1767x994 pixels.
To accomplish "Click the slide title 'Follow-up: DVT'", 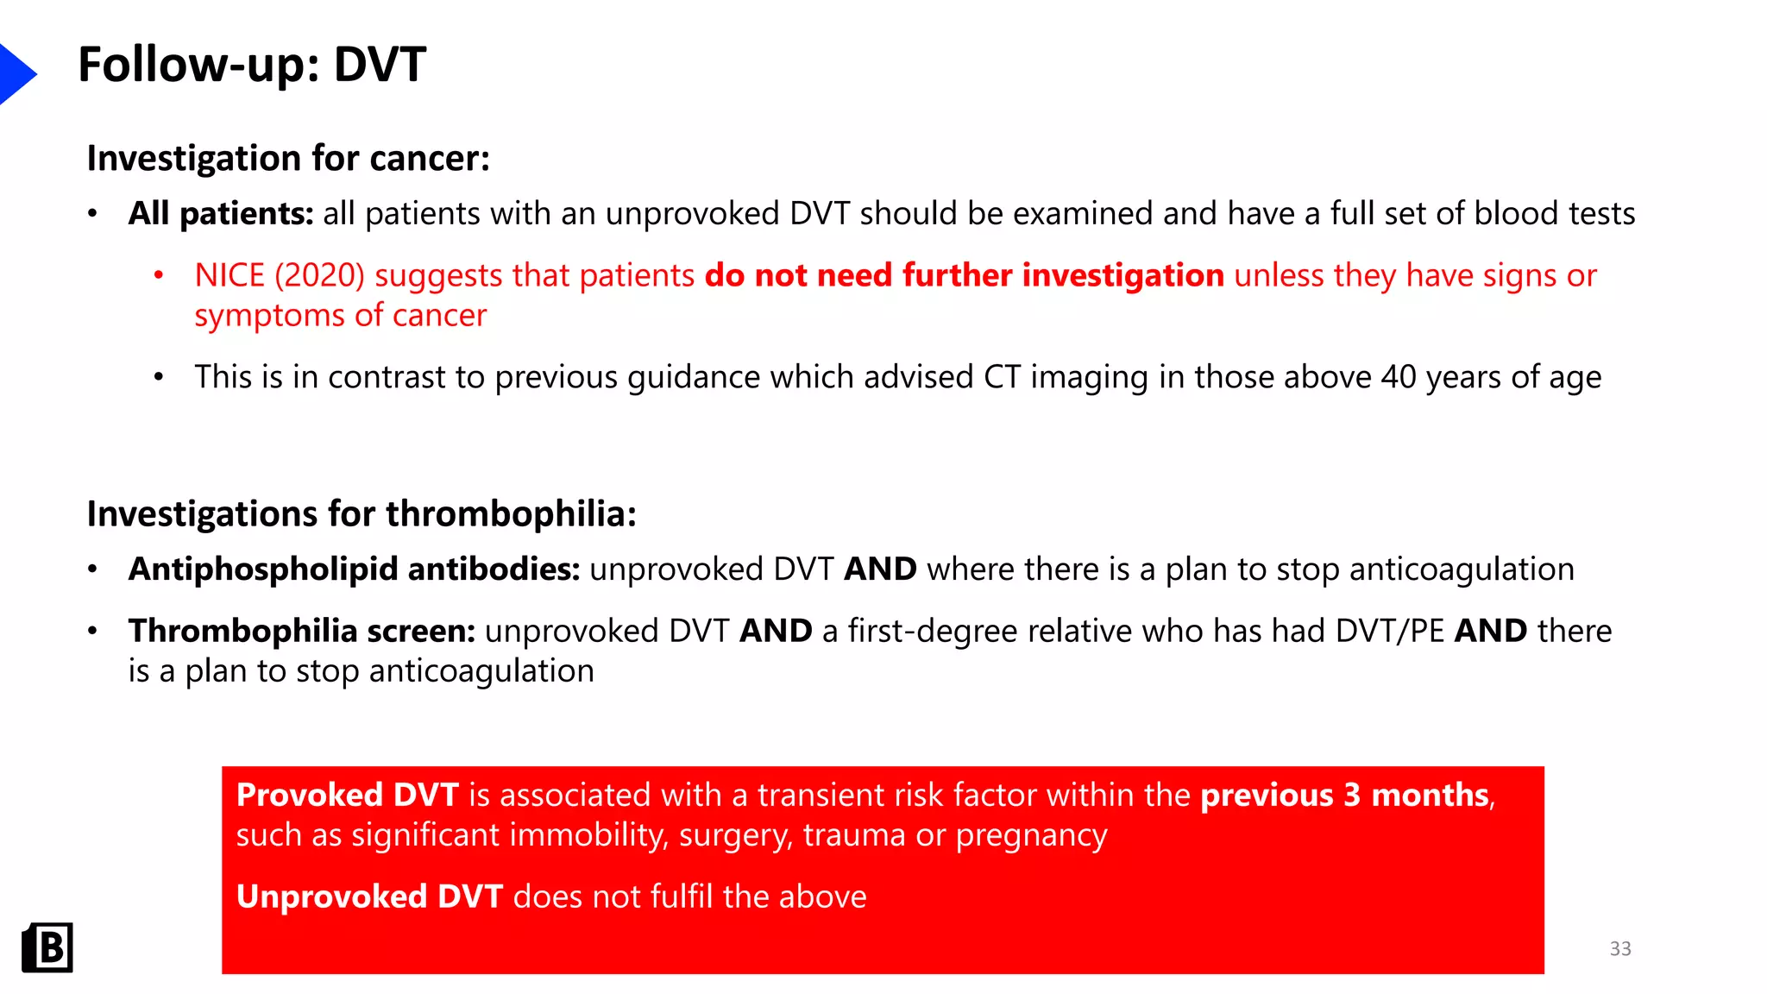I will click(x=252, y=65).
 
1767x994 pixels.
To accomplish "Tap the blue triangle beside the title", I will click(x=16, y=74).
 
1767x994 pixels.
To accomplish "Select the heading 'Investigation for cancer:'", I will click(x=288, y=159).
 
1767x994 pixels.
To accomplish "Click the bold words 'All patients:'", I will click(x=221, y=213).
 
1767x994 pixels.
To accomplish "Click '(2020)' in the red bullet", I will click(x=319, y=275).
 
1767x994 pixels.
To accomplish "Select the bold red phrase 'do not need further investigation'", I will click(x=964, y=275).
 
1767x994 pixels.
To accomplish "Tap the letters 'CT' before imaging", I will click(x=1002, y=377).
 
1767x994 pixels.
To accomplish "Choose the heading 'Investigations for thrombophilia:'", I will click(x=362, y=514).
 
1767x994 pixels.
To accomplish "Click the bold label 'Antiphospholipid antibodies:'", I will click(x=354, y=569).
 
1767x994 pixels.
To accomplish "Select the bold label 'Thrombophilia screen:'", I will click(x=302, y=631).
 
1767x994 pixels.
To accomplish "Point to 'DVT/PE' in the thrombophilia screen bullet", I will click(x=1389, y=631).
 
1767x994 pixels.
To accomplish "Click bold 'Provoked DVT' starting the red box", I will click(x=347, y=795).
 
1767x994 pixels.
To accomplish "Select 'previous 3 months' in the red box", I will click(x=1344, y=795).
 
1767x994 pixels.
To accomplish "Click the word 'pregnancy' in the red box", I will click(x=1031, y=835).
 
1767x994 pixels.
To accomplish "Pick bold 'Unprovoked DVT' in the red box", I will click(x=369, y=896).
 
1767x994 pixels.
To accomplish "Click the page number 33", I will click(x=1620, y=949).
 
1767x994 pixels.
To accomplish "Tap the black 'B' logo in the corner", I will click(x=47, y=947).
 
